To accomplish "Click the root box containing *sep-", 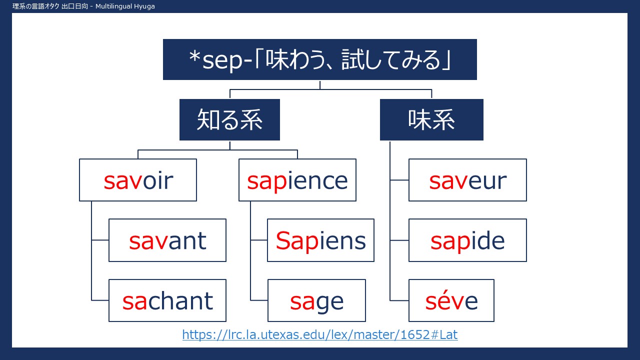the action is click(319, 59).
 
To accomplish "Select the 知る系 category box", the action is click(229, 119).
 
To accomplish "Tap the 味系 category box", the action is click(431, 119).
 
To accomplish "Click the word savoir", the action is click(138, 180).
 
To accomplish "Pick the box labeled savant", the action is click(167, 240).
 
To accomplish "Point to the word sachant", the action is click(167, 301).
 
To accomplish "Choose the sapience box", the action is click(297, 180).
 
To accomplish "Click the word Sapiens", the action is click(320, 241).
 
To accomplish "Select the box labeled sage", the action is click(316, 300).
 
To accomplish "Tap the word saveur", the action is click(467, 181).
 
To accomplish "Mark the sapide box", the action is click(467, 240).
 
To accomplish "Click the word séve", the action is click(451, 301).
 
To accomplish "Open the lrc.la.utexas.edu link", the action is click(320, 334).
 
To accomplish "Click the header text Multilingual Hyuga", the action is click(125, 6).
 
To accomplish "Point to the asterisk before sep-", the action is click(194, 57).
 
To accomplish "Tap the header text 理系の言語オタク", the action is click(35, 6).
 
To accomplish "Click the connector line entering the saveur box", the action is click(399, 180).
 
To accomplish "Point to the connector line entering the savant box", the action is click(100, 240).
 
